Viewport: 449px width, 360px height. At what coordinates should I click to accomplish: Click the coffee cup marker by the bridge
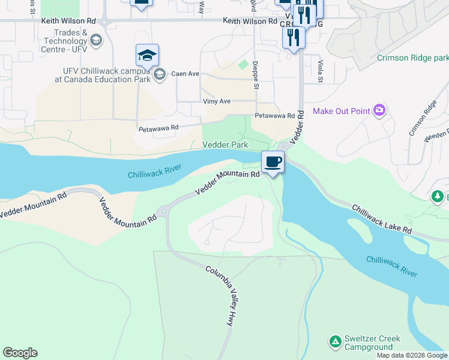(273, 162)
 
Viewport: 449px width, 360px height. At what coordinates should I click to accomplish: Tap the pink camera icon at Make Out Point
(379, 110)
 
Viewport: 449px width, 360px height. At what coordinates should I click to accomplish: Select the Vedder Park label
(225, 145)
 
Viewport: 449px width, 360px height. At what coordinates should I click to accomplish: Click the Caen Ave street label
(185, 74)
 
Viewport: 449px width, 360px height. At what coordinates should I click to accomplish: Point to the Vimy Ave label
(217, 101)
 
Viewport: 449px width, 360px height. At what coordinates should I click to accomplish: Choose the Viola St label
(320, 71)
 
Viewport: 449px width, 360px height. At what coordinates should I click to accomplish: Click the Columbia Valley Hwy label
(220, 296)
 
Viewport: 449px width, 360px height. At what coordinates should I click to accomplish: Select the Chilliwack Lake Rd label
(382, 220)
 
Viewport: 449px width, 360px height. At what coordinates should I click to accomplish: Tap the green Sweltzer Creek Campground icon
(335, 342)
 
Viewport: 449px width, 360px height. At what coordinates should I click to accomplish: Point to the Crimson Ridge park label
(413, 58)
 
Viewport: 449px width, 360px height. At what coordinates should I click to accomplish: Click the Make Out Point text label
(341, 111)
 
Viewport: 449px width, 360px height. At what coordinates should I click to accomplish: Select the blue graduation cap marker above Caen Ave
(147, 56)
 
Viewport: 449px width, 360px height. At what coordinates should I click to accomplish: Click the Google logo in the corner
(20, 353)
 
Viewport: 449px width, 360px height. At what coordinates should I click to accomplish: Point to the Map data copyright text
(412, 355)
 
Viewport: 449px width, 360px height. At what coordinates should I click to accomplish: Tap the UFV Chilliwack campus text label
(102, 74)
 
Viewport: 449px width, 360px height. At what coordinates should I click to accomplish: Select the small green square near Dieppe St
(243, 64)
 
